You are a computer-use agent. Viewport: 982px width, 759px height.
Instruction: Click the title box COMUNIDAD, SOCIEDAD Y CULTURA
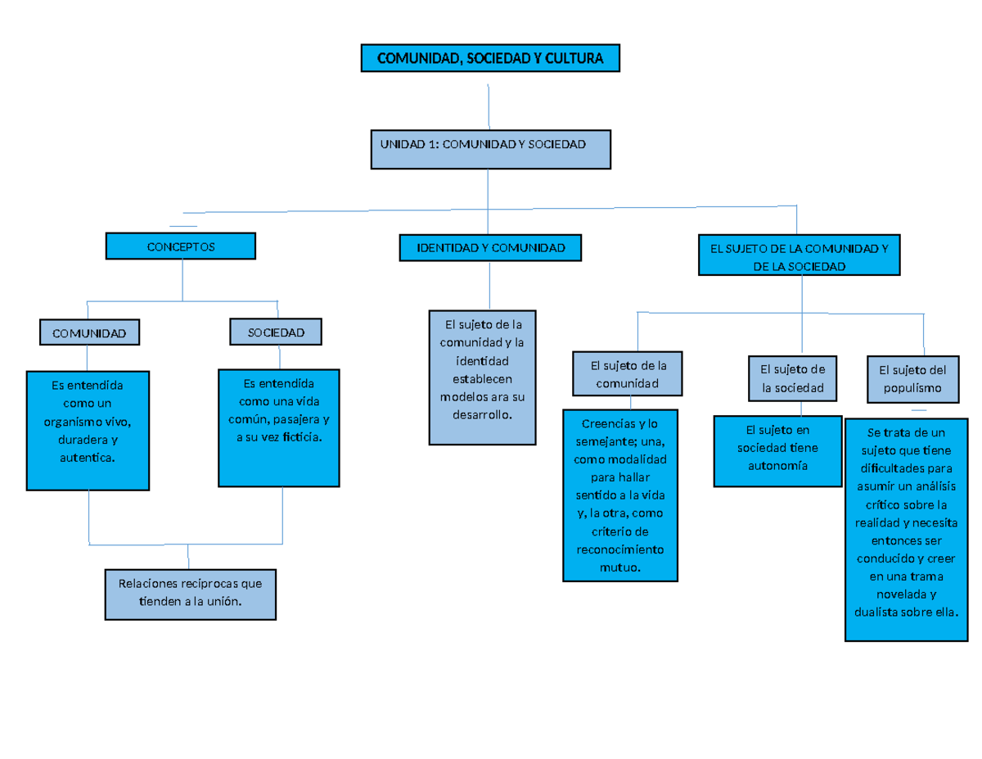(x=490, y=59)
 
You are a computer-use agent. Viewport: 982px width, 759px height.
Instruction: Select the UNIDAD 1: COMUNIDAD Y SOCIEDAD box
(x=490, y=149)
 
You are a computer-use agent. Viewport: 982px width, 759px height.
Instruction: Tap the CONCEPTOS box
(x=181, y=246)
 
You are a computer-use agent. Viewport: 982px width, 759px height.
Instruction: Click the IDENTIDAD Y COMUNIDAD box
(x=490, y=247)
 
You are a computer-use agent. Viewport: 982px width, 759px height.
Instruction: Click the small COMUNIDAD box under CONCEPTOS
(x=89, y=332)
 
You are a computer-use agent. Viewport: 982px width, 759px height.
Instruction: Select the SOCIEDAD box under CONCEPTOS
(x=276, y=332)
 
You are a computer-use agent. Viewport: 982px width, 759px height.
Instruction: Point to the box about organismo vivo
(x=88, y=431)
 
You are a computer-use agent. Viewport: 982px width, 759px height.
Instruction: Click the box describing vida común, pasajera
(x=279, y=427)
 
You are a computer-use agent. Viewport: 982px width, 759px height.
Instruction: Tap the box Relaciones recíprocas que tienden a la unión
(x=190, y=593)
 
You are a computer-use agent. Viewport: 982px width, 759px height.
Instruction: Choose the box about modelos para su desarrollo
(x=483, y=377)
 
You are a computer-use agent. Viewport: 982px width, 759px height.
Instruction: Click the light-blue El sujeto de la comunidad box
(x=627, y=374)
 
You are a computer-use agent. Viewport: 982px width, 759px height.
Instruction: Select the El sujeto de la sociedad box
(x=792, y=378)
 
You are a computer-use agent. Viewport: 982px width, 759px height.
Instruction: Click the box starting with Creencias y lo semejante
(x=620, y=495)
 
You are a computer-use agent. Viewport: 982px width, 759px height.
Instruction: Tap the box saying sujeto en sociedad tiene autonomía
(x=777, y=450)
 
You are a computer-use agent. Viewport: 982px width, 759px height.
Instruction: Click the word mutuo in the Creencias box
(x=620, y=567)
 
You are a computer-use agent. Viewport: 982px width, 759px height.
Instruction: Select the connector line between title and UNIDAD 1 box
(x=489, y=106)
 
